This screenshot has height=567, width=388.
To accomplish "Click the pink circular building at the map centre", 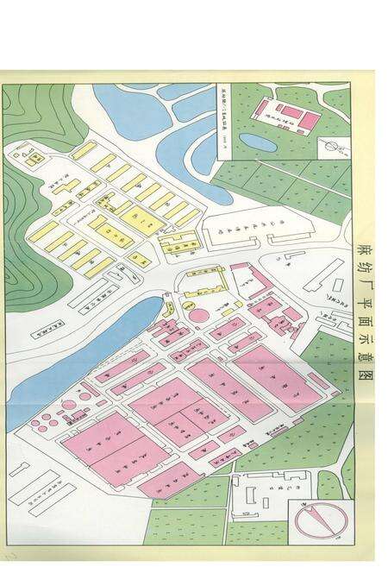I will pos(199,314).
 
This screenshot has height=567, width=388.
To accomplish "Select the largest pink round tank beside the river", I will pos(68,404).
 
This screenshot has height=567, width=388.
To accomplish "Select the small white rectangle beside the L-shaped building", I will pos(296,255).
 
